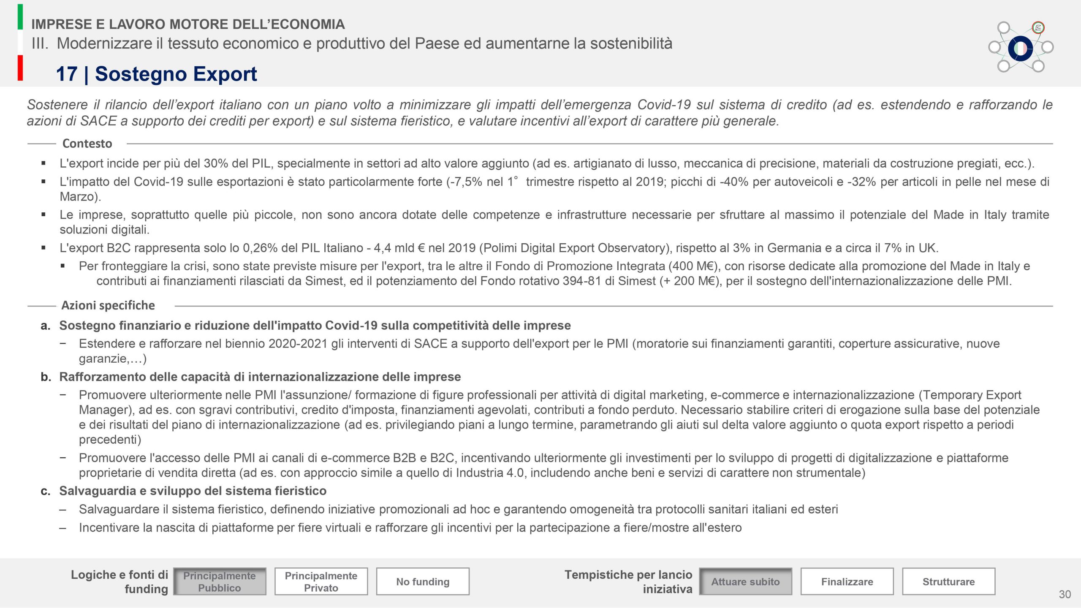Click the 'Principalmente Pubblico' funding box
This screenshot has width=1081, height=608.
click(220, 581)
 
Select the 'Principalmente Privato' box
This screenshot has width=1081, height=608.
click(321, 581)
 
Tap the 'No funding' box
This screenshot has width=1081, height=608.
click(423, 581)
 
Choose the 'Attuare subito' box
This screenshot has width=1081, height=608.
click(745, 581)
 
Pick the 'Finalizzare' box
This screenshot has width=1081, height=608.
click(847, 581)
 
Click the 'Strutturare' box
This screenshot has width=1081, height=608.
click(948, 581)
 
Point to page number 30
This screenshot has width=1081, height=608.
click(1065, 594)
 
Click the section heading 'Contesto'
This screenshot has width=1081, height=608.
click(87, 144)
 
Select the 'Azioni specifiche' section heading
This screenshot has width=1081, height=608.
click(108, 305)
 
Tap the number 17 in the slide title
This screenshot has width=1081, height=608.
click(67, 74)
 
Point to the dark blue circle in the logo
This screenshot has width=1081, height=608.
click(1020, 49)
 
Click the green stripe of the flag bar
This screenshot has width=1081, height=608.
click(20, 17)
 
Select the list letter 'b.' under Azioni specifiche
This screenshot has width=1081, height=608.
click(46, 377)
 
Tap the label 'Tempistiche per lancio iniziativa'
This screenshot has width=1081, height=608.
click(628, 581)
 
